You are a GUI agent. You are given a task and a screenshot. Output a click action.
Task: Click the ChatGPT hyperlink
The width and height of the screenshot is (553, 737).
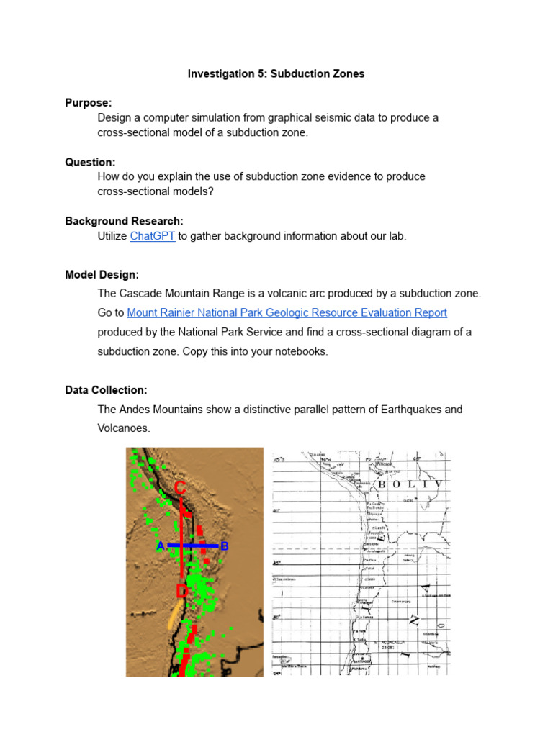(153, 236)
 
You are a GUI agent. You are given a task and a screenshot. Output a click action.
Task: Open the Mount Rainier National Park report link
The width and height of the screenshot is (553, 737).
(287, 312)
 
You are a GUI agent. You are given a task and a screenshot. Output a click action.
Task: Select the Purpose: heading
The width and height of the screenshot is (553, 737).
(89, 103)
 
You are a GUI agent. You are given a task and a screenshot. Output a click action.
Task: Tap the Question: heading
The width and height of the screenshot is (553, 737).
(90, 162)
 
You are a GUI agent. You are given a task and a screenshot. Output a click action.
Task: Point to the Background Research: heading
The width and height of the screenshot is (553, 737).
(124, 221)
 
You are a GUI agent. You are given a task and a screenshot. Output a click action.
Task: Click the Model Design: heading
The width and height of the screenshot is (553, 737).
(102, 274)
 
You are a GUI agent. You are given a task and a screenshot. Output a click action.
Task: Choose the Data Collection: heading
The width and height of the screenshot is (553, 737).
(106, 390)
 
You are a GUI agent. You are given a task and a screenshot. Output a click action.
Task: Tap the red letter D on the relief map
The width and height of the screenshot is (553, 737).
(181, 592)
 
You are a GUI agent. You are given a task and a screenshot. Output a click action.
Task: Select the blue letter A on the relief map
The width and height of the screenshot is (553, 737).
(160, 546)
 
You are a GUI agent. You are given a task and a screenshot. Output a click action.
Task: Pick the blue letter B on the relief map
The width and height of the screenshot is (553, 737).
(224, 546)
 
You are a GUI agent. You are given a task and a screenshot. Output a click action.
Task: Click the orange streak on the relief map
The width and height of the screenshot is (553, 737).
(173, 615)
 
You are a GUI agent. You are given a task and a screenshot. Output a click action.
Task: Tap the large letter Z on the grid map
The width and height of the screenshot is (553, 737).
(413, 619)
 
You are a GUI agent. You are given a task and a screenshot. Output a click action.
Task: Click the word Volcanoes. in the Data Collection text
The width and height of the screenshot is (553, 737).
(123, 428)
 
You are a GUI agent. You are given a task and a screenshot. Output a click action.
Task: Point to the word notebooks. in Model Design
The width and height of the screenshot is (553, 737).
(304, 351)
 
